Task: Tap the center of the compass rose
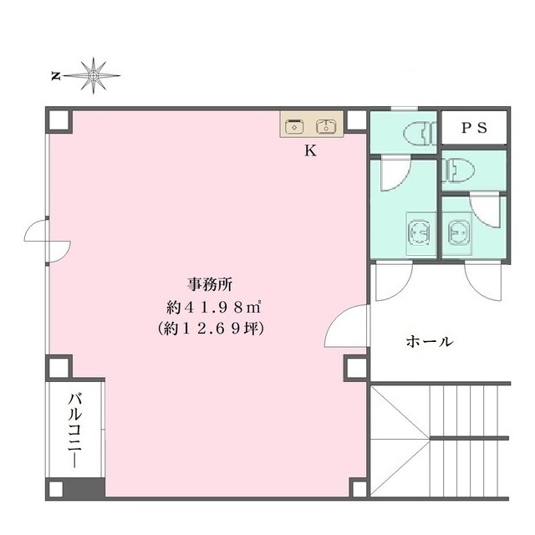93,75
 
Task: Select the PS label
474,128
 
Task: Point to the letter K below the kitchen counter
310,150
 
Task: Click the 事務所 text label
210,284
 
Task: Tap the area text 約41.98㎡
214,308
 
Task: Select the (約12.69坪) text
211,329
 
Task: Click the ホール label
430,341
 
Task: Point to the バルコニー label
75,431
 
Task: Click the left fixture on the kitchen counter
294,126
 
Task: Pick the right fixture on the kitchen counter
327,126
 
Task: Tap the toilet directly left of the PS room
420,134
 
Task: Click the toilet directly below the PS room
458,170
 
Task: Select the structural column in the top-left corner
59,120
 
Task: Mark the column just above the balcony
59,368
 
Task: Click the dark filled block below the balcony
84,488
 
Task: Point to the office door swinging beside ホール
346,326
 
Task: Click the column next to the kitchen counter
356,120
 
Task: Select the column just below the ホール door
357,368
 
